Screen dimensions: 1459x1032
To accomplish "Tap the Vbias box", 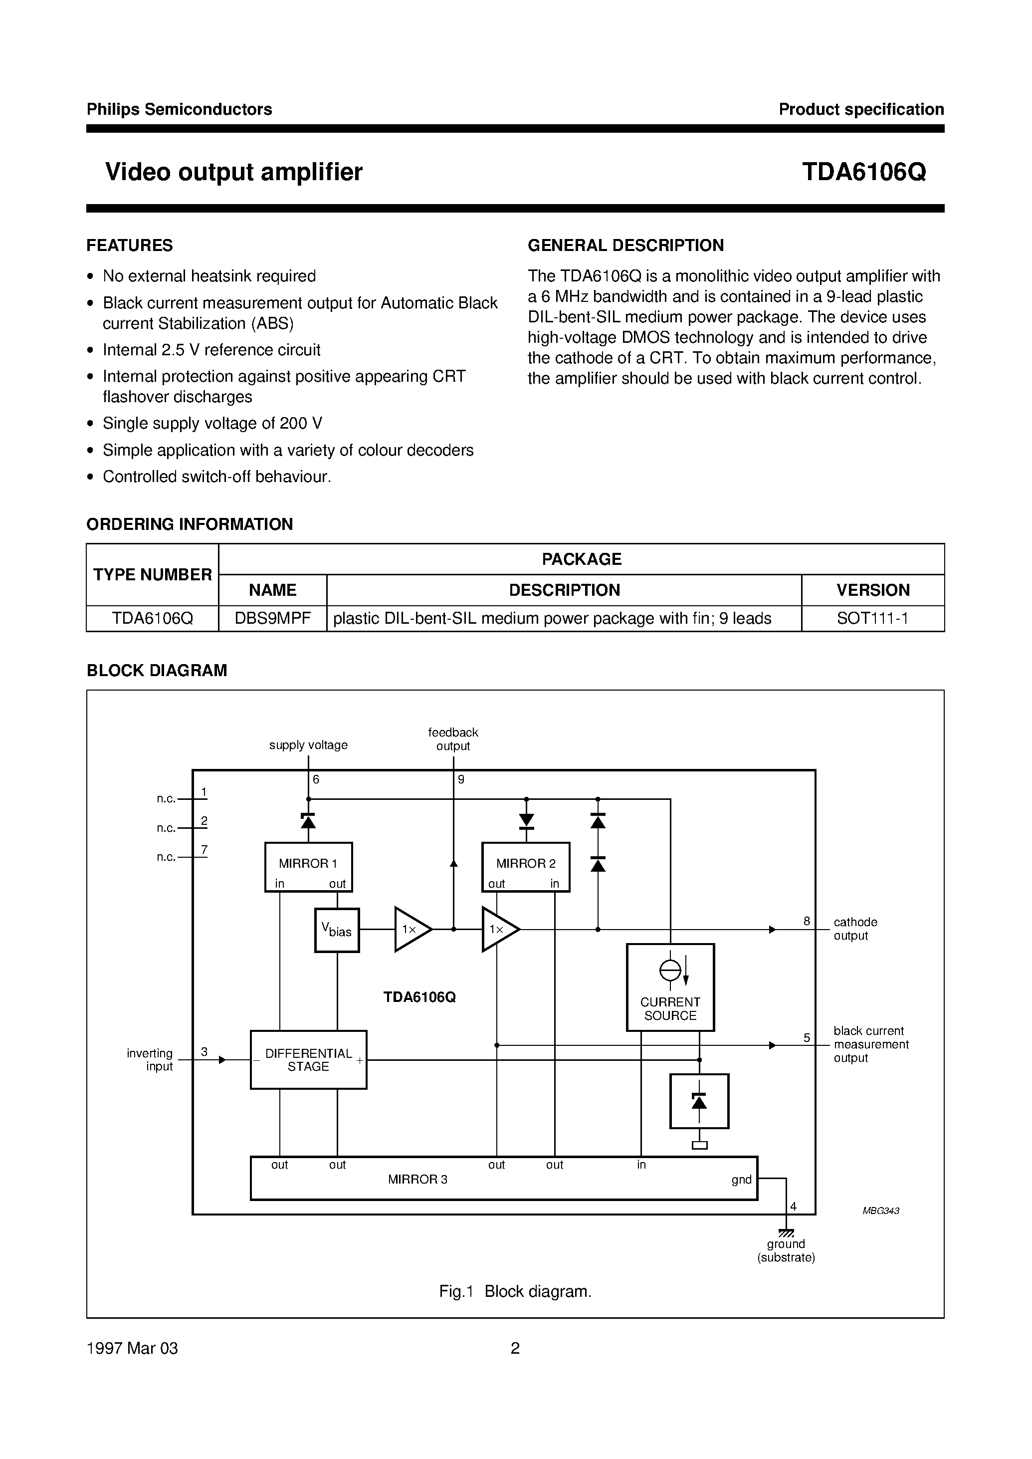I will (x=337, y=930).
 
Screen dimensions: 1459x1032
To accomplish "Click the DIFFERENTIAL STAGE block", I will (x=308, y=1060).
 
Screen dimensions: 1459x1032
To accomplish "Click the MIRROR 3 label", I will (x=417, y=1179).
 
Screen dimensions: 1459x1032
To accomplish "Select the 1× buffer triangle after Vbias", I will (x=411, y=930).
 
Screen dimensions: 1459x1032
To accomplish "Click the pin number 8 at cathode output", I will (x=807, y=921).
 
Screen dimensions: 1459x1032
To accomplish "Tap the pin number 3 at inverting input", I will (x=204, y=1051).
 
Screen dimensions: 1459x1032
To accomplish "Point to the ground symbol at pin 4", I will (x=786, y=1232).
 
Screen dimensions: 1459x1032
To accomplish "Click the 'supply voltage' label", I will (x=308, y=745).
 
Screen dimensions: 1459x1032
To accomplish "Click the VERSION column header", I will (x=872, y=590).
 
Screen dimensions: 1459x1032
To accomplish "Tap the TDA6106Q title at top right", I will (x=863, y=172).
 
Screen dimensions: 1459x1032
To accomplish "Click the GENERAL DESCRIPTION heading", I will (x=625, y=245).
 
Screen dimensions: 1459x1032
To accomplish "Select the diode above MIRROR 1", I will (x=308, y=821).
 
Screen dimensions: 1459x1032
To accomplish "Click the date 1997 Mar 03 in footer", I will (x=132, y=1348).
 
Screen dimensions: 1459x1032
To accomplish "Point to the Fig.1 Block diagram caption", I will (x=515, y=1291).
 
